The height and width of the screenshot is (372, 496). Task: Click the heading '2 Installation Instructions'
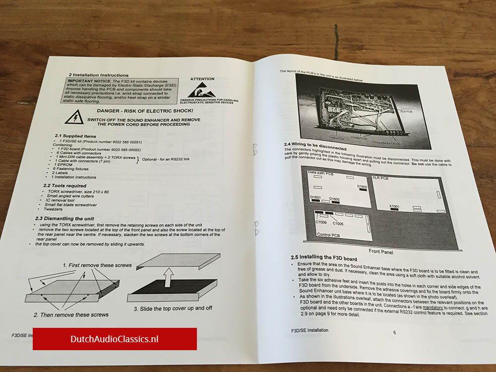[99, 75]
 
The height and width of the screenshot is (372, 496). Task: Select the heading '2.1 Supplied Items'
[75, 136]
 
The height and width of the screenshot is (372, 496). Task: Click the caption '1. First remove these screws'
[97, 265]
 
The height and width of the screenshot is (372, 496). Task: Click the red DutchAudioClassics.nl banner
[115, 339]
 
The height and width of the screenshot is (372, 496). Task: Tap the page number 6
[394, 332]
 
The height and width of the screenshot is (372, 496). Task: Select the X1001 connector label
[395, 206]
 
